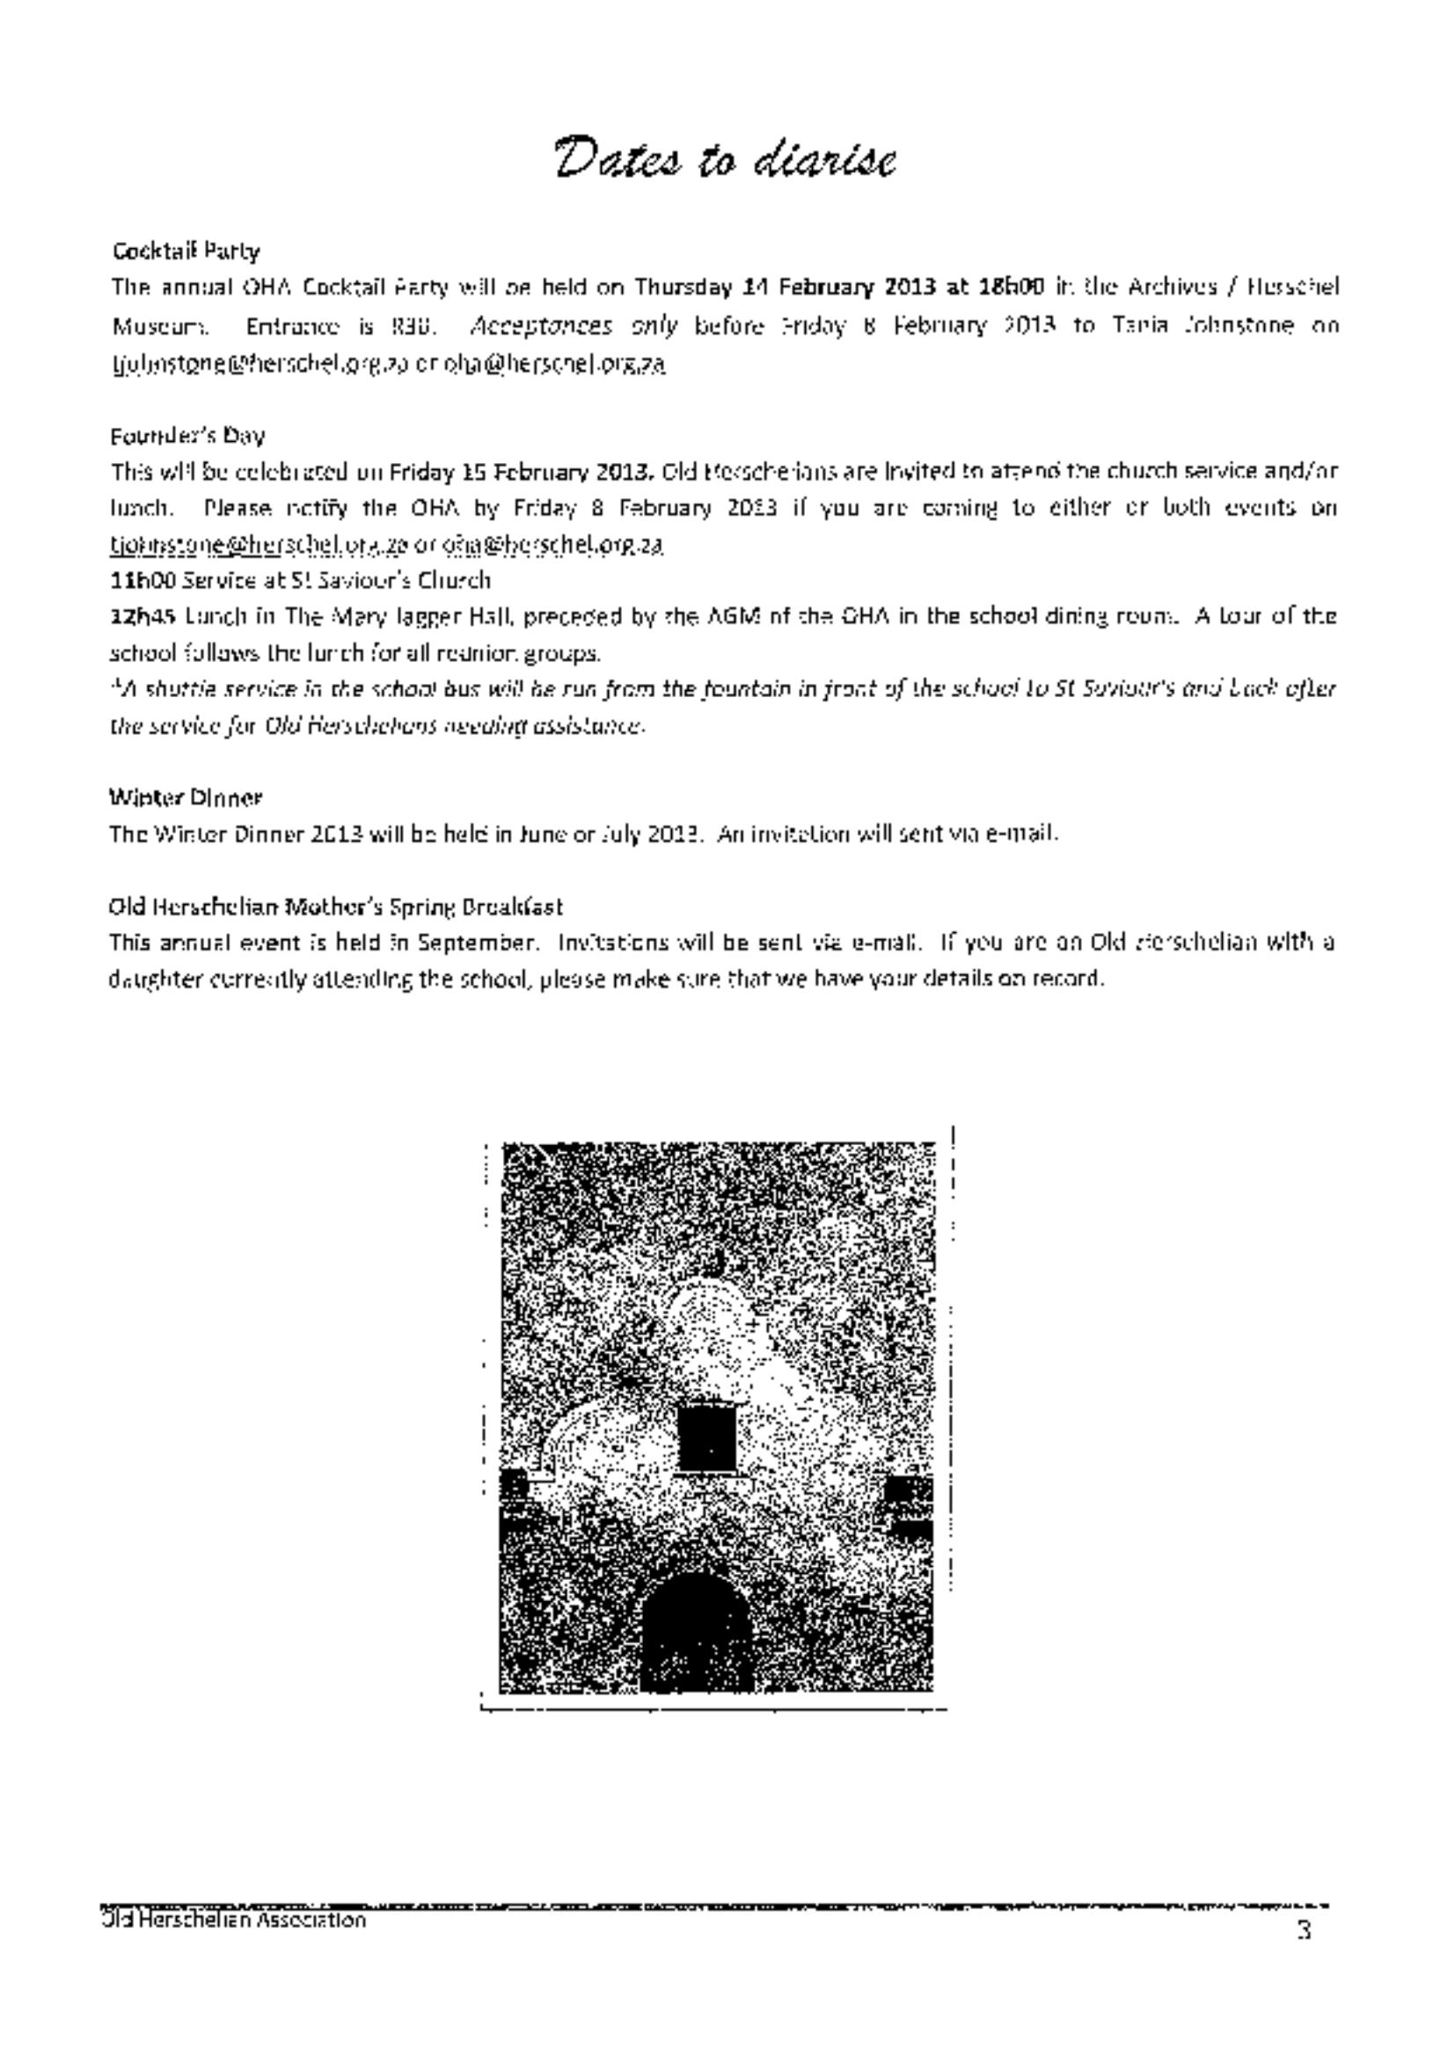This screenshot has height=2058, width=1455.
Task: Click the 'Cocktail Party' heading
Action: [186, 251]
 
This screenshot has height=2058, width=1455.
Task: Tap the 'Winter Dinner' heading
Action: [186, 797]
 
